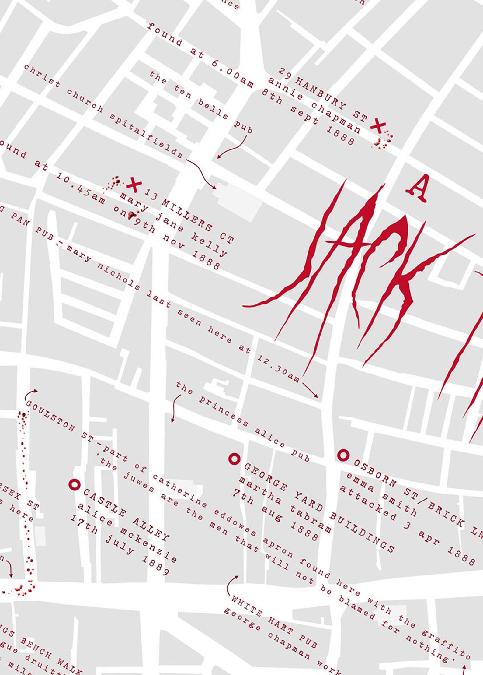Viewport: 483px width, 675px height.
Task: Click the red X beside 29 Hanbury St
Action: coord(378,126)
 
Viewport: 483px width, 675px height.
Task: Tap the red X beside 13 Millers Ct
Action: coord(134,185)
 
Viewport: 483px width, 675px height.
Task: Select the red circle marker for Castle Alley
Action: coord(74,484)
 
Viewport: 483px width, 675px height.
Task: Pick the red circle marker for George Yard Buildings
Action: coord(234,459)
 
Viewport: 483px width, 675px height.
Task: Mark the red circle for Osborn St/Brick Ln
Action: coord(343,455)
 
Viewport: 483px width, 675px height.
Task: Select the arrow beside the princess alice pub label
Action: coord(175,408)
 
